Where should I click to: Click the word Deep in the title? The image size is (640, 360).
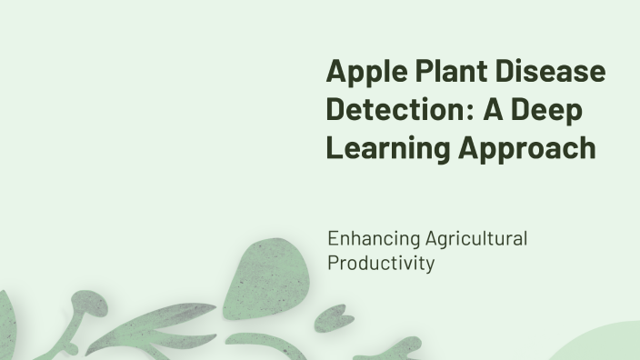point(549,110)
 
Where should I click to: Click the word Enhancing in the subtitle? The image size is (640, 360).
point(373,240)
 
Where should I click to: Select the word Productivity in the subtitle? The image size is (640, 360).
point(380,264)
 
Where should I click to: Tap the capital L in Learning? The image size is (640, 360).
point(334,148)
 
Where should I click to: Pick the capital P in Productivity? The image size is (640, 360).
point(333,264)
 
